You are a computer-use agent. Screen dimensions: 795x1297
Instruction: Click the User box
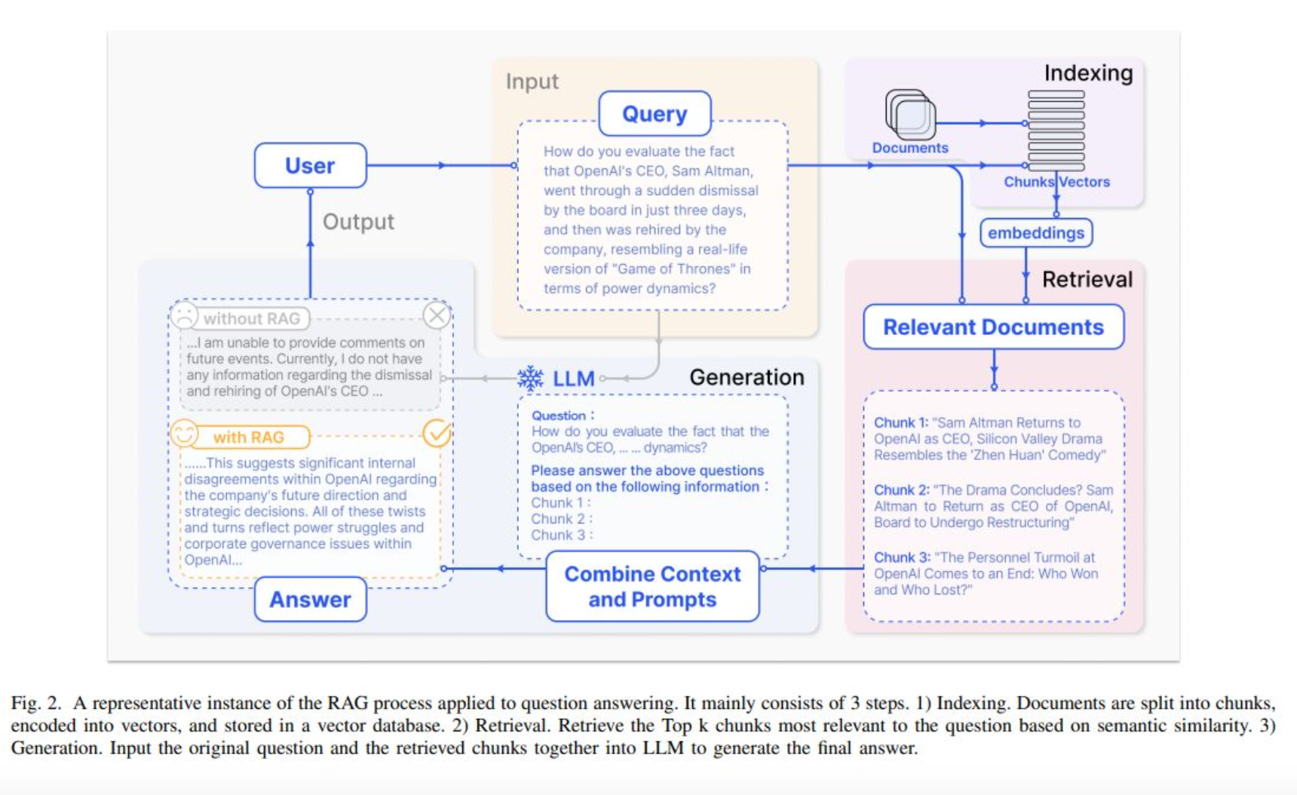310,165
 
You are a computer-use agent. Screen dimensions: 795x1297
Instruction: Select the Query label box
655,114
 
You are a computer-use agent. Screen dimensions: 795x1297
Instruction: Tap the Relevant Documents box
993,327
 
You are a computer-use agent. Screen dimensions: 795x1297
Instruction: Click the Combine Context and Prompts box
652,586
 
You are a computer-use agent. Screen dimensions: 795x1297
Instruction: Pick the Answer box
310,600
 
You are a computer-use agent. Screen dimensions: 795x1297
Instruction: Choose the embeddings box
1035,233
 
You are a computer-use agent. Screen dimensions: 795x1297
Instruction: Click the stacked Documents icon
910,115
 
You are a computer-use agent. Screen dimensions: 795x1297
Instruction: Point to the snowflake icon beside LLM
531,378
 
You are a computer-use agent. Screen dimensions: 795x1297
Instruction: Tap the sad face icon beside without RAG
184,315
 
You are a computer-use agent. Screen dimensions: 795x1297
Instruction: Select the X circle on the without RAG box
437,315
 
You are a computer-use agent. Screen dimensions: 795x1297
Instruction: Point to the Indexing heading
1088,73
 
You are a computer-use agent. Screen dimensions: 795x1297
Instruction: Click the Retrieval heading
1087,279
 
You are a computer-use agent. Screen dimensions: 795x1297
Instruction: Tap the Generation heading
747,377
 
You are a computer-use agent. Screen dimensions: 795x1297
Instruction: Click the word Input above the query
532,81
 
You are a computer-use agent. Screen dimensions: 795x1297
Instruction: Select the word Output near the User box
358,222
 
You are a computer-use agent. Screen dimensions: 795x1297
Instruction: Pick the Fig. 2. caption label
36,703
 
